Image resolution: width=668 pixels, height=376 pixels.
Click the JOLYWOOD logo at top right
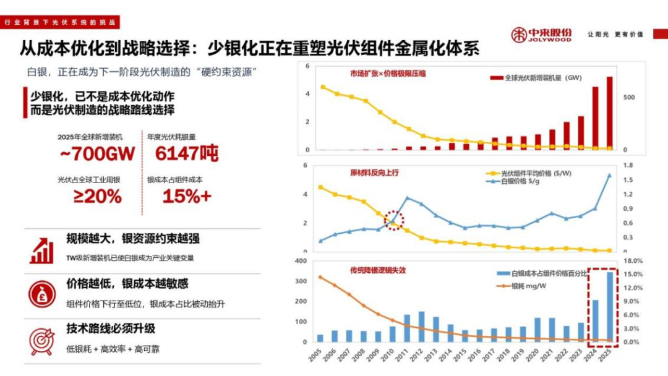point(541,35)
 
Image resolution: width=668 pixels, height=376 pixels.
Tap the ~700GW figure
point(97,154)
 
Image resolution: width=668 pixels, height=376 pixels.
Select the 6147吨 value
point(187,154)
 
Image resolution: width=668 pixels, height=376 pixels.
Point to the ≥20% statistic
point(98,197)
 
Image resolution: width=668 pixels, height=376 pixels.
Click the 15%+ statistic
point(187,197)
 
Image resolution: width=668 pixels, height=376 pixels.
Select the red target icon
point(41,339)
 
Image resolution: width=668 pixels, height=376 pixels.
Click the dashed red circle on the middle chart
point(394,220)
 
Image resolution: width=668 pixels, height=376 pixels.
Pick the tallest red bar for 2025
point(610,113)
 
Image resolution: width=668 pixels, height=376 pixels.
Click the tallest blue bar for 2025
point(610,307)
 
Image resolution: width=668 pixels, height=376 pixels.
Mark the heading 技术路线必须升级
point(111,328)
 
